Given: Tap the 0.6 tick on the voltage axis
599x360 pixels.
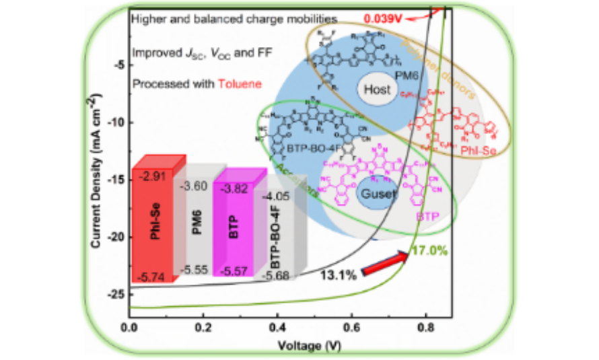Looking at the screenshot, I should pos(352,329).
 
